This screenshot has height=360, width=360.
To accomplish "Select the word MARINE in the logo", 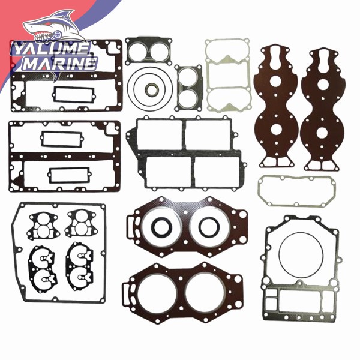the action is click(x=60, y=63).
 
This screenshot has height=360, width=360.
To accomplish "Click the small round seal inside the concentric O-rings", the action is click(x=151, y=89).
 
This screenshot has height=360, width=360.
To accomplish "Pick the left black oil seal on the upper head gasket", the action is click(x=161, y=227).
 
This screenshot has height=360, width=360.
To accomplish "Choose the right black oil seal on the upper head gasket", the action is click(x=209, y=227).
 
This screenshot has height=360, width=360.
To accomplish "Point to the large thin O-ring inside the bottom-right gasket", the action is click(x=301, y=255).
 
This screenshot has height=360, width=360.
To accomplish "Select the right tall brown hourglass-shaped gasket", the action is click(x=323, y=110).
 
